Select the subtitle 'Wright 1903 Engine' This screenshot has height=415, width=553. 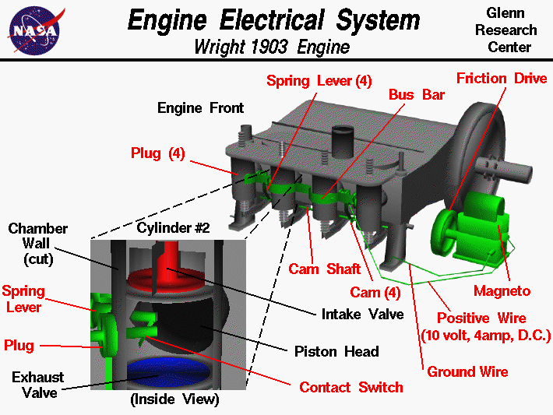[x=272, y=47]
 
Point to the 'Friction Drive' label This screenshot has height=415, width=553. [x=502, y=79]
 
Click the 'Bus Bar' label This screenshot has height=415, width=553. [x=417, y=94]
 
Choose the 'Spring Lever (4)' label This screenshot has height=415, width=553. [x=319, y=81]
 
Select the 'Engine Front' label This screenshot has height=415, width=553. [x=200, y=107]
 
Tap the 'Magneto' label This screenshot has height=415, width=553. [x=502, y=291]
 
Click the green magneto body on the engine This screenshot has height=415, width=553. [x=479, y=226]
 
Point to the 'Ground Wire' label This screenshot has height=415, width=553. [x=467, y=371]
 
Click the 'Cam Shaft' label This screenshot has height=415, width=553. [x=325, y=269]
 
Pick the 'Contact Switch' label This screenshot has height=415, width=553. [x=351, y=387]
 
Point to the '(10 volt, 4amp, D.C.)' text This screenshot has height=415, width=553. [x=485, y=336]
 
